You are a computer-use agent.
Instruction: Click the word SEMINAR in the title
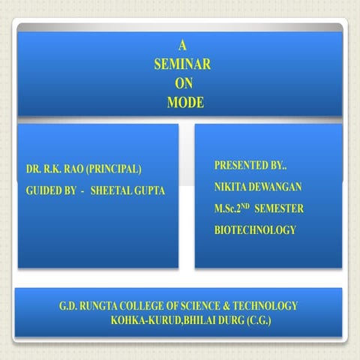click(x=181, y=65)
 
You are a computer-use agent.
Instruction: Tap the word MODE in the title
click(x=181, y=101)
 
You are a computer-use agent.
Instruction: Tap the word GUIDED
click(x=43, y=191)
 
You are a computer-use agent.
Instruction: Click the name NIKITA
click(x=230, y=185)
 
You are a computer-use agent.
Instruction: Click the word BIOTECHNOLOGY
click(x=255, y=230)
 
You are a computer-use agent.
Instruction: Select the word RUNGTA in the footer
click(x=103, y=306)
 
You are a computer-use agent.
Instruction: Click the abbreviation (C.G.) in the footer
click(x=256, y=320)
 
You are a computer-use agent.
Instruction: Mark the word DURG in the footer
click(x=226, y=320)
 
